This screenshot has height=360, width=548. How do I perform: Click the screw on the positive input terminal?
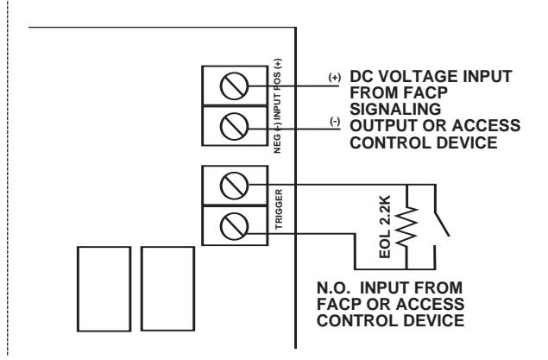tap(234, 86)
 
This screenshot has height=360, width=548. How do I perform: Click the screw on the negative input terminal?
tap(234, 126)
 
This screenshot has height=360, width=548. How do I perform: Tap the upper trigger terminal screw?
tap(234, 186)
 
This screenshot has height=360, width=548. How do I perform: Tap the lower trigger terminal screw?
tap(234, 226)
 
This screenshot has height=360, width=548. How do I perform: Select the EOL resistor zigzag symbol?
tap(406, 227)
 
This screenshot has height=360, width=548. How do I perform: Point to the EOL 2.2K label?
tap(385, 227)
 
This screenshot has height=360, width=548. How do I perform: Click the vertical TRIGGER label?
tap(279, 210)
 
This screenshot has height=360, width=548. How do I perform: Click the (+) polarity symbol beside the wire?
tap(335, 77)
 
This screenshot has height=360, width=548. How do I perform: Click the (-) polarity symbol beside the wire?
tap(335, 122)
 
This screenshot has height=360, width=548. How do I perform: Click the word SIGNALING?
tap(395, 110)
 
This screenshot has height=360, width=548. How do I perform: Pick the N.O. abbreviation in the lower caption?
tap(333, 288)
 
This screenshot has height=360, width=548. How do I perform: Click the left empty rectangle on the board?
tap(104, 288)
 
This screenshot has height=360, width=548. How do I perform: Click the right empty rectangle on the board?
tap(167, 288)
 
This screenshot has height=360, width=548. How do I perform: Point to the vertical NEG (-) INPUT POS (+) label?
tap(278, 106)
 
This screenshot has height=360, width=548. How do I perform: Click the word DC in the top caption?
tap(362, 77)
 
